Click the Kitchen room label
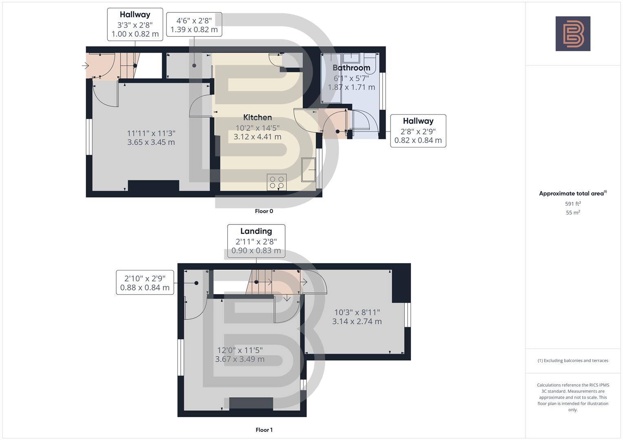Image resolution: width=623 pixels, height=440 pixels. coord(257,117)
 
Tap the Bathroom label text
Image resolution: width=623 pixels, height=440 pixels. coord(351,68)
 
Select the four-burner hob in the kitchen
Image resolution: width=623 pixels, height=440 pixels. coord(277,182)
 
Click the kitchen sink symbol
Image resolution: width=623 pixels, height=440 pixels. coord(308,169)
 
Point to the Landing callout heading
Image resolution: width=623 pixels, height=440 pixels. coord(256,231)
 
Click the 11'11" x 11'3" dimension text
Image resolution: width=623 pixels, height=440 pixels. coord(151,133)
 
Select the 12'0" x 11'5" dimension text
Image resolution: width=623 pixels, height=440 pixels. coord(240,350)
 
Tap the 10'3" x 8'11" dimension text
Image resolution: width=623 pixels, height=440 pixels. coord(357,312)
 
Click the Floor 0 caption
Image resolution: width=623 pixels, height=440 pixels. coord(264,211)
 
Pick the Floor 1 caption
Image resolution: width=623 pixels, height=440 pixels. coord(264,430)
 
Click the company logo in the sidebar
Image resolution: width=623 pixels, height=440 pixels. coord(573,33)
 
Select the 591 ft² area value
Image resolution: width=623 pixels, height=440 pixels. coord(573,204)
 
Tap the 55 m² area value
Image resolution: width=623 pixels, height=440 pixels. coord(573,213)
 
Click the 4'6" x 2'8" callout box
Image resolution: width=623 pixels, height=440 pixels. coord(194,24)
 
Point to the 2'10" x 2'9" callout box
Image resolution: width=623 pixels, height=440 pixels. coord(145,283)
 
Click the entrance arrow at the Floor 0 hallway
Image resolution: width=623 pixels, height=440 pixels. coord(85,65)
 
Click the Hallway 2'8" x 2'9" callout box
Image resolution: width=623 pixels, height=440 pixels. coord(418,131)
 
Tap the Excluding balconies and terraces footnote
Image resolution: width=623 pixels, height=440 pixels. coord(573,361)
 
